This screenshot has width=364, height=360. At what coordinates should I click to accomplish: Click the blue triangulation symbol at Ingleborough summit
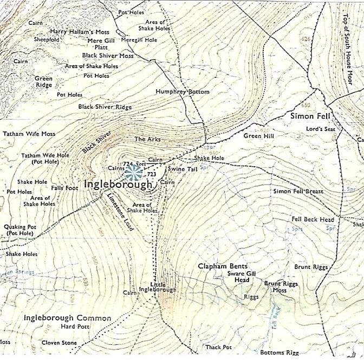pos(133,173)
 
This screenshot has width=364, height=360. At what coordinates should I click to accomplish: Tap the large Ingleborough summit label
pos(118,185)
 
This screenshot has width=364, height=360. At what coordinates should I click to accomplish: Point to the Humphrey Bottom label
pos(182,92)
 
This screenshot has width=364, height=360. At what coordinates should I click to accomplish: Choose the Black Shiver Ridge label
pos(105,107)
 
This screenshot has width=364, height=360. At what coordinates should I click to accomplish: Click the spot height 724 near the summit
pos(128,163)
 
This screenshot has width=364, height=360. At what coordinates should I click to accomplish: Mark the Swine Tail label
pos(185,169)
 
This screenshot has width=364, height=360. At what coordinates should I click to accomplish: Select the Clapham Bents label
pos(222,266)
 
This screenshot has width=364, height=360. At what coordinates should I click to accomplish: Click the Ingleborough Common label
pos(67,318)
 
